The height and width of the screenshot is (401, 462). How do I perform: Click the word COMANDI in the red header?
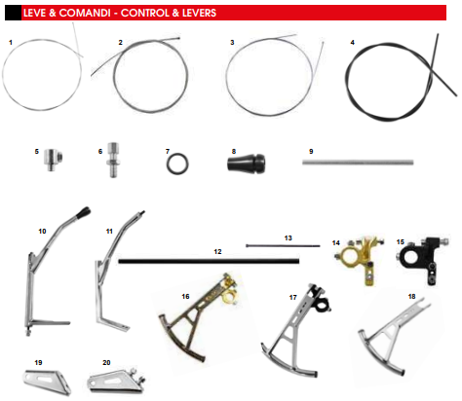click(85, 13)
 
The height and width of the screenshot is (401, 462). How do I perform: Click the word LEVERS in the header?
click(199, 13)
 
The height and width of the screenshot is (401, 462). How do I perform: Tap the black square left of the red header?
click(13, 13)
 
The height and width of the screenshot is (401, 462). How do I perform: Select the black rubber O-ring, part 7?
click(177, 164)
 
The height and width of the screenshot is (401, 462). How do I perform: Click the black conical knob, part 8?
click(246, 163)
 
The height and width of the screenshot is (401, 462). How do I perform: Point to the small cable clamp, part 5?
click(54, 159)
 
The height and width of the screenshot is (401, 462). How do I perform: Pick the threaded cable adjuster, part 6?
click(112, 160)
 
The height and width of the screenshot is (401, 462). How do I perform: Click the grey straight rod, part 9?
click(358, 163)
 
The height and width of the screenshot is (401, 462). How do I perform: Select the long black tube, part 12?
click(209, 261)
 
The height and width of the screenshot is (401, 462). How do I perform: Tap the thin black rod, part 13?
click(283, 246)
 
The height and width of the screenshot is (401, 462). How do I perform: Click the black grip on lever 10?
click(83, 212)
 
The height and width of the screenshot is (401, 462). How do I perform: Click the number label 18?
click(411, 296)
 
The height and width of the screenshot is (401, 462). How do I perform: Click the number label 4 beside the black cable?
click(353, 43)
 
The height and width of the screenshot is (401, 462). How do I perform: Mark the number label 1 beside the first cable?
click(11, 43)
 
